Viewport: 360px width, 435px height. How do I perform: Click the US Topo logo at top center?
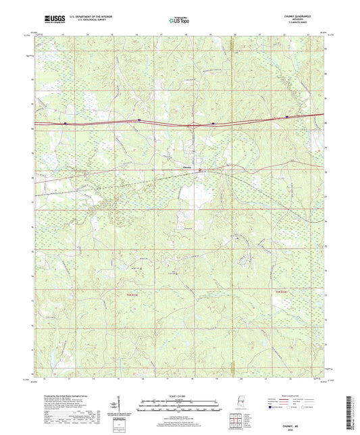[179, 21]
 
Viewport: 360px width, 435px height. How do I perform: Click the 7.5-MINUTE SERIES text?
[308, 24]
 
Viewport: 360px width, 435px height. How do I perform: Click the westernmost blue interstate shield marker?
[65, 124]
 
